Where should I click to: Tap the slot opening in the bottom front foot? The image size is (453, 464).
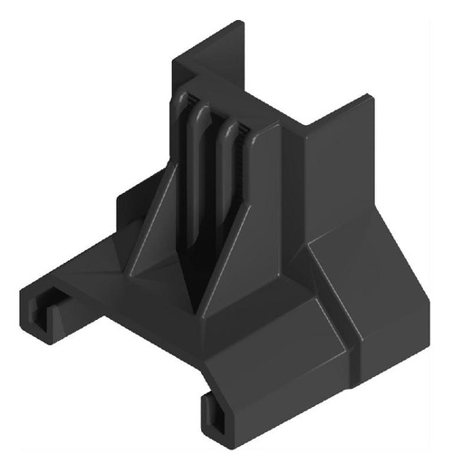pos(218,415)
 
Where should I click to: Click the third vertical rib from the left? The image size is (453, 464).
pos(227,177)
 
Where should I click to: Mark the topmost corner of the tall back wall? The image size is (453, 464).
pos(237,23)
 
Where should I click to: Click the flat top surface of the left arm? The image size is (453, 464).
pos(86,272)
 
